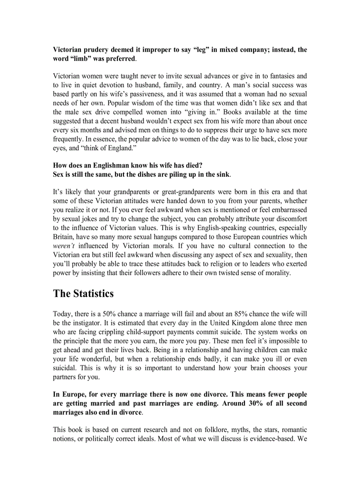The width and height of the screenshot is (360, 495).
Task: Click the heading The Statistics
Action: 83,294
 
